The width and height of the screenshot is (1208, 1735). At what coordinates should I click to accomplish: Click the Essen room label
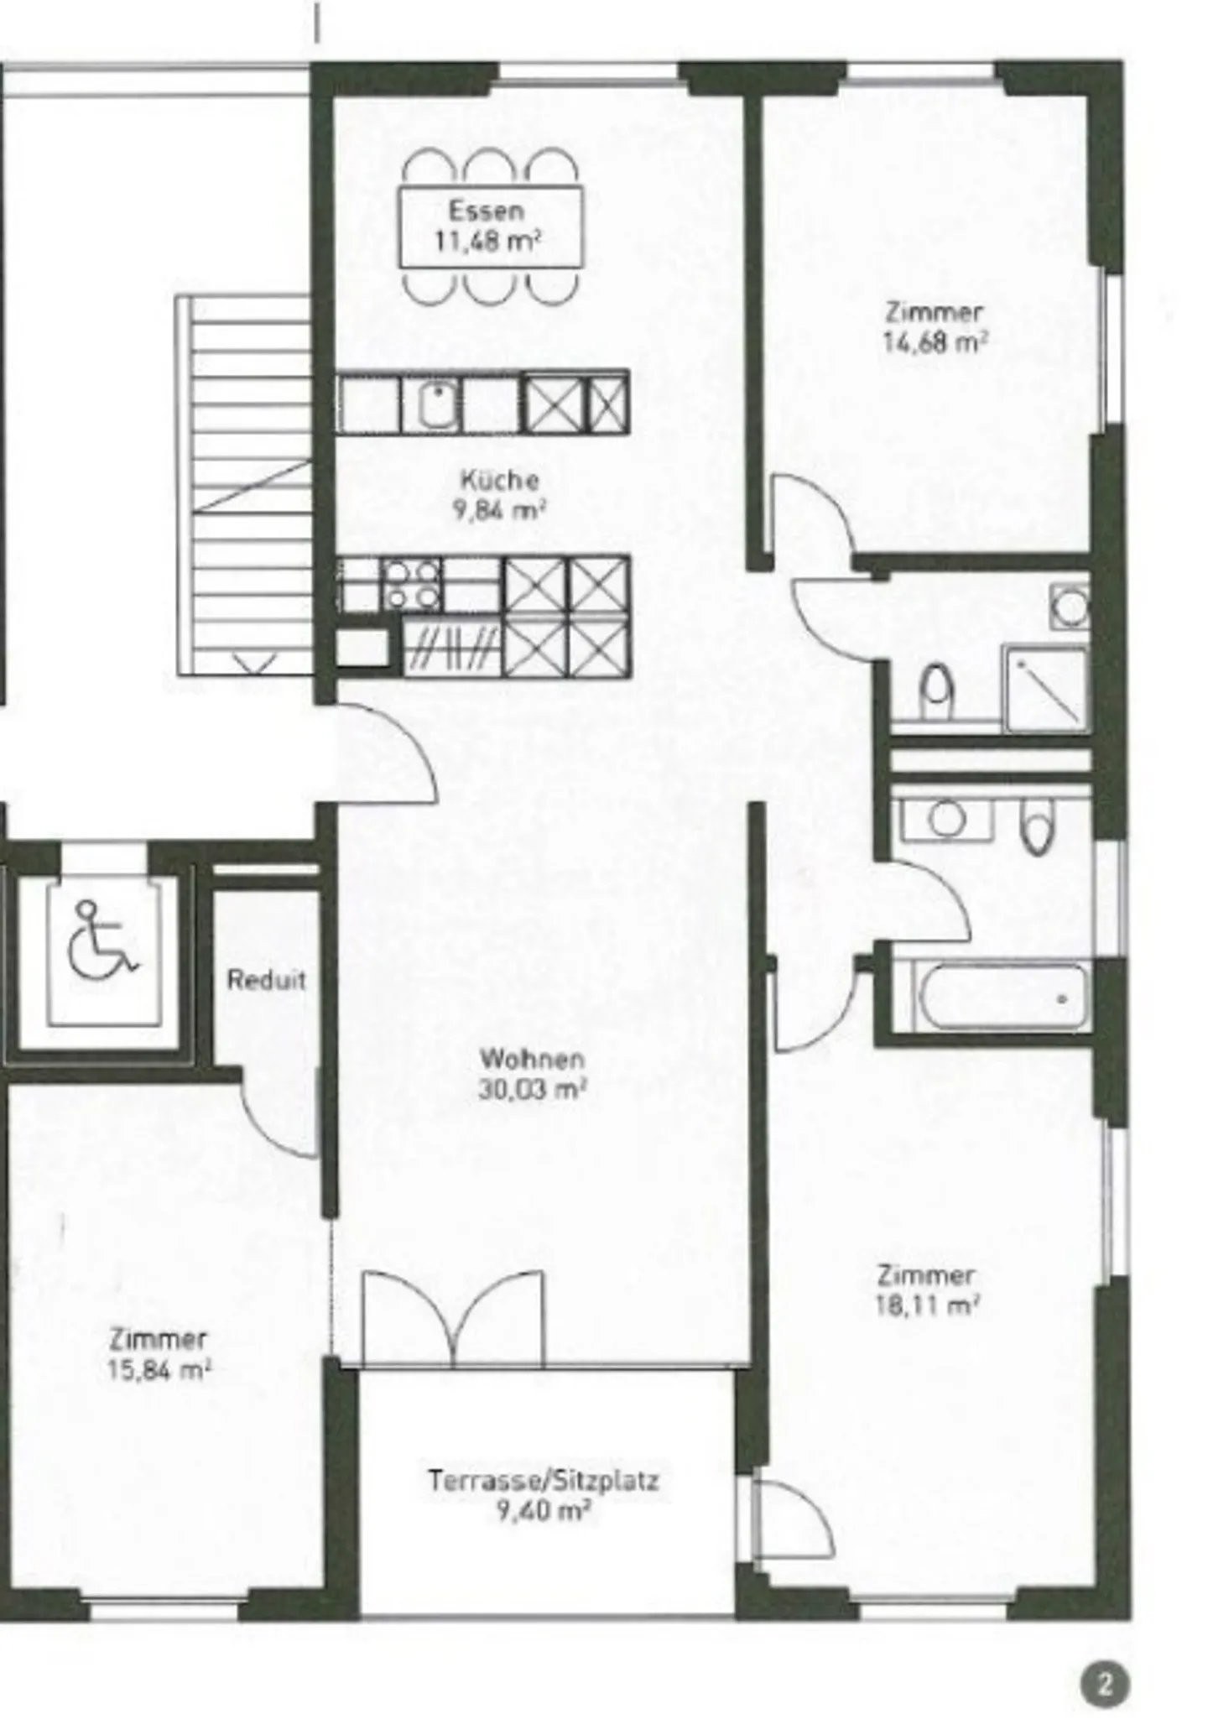click(x=486, y=210)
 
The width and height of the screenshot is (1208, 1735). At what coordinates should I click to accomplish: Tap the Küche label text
click(x=499, y=480)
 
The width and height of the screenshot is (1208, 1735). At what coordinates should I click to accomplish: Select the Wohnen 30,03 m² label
click(x=531, y=1074)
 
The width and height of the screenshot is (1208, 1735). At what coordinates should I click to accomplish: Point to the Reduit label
click(x=266, y=980)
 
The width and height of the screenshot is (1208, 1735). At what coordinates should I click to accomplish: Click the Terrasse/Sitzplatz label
click(x=544, y=1480)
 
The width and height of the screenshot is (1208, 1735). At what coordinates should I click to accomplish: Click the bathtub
click(x=1002, y=997)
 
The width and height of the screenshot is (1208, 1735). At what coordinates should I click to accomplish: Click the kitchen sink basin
click(x=436, y=404)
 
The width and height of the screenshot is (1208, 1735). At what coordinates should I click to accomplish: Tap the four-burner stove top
click(x=412, y=585)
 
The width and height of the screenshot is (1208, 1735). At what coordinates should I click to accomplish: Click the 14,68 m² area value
click(x=934, y=343)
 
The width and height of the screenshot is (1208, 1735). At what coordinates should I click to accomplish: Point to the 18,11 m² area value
click(x=926, y=1306)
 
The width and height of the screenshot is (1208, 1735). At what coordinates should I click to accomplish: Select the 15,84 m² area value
click(x=158, y=1370)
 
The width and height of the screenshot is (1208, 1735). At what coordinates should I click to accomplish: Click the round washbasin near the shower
click(x=1070, y=606)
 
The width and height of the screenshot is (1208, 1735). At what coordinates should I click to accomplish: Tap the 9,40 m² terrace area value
click(x=544, y=1511)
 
